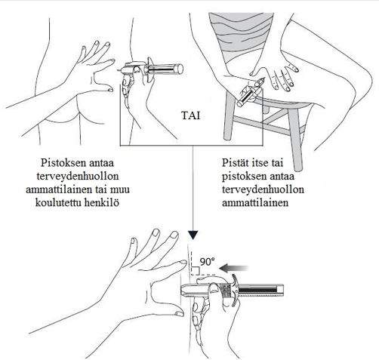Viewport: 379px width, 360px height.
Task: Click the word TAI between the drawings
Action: click(190, 115)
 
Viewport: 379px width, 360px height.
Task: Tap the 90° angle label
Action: click(208, 262)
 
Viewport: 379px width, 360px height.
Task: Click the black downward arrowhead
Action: click(193, 235)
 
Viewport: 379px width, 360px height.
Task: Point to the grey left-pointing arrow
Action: click(233, 268)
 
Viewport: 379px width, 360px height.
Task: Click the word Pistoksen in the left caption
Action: click(59, 163)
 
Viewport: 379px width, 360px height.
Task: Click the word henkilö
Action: click(101, 202)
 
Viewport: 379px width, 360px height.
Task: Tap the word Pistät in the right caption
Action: click(235, 163)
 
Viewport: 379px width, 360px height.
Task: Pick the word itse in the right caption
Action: click(258, 163)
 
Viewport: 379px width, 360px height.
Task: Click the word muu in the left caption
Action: click(121, 189)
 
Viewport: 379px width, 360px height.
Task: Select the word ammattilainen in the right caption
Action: click(255, 202)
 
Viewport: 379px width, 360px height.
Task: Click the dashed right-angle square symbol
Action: click(196, 271)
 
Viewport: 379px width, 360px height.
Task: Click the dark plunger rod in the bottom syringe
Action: click(257, 290)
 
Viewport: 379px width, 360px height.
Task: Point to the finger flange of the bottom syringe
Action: click(236, 288)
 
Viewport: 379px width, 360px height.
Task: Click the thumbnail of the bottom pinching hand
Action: click(179, 313)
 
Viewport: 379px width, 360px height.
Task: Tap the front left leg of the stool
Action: click(229, 115)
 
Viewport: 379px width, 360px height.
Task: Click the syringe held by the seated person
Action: click(250, 93)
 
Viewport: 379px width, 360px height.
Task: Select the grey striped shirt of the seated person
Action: click(241, 35)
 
